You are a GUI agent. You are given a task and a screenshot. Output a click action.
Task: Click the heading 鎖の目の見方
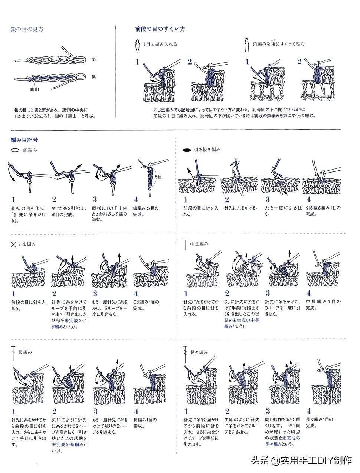[x=27, y=29]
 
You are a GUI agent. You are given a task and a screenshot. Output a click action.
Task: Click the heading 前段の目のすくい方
[x=160, y=29]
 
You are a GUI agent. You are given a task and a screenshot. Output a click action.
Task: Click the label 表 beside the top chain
[x=94, y=59]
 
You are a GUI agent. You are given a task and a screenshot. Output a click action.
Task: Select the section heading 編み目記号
[x=24, y=140]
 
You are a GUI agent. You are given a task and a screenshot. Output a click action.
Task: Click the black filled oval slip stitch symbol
[x=187, y=150]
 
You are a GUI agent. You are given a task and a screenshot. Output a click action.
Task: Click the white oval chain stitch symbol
[x=15, y=150]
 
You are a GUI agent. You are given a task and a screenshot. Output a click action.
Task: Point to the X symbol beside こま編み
[x=13, y=244]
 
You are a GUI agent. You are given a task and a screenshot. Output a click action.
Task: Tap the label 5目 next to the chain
[x=158, y=177]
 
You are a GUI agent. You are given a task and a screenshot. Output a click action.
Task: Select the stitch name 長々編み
[x=199, y=352]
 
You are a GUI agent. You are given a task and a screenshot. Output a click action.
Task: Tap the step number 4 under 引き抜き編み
[x=308, y=200]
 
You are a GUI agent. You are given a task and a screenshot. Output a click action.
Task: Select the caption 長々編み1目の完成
[x=319, y=423]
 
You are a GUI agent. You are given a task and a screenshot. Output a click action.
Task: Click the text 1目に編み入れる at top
[x=160, y=44]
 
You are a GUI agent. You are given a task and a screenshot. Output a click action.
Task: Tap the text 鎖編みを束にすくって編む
[x=278, y=44]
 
